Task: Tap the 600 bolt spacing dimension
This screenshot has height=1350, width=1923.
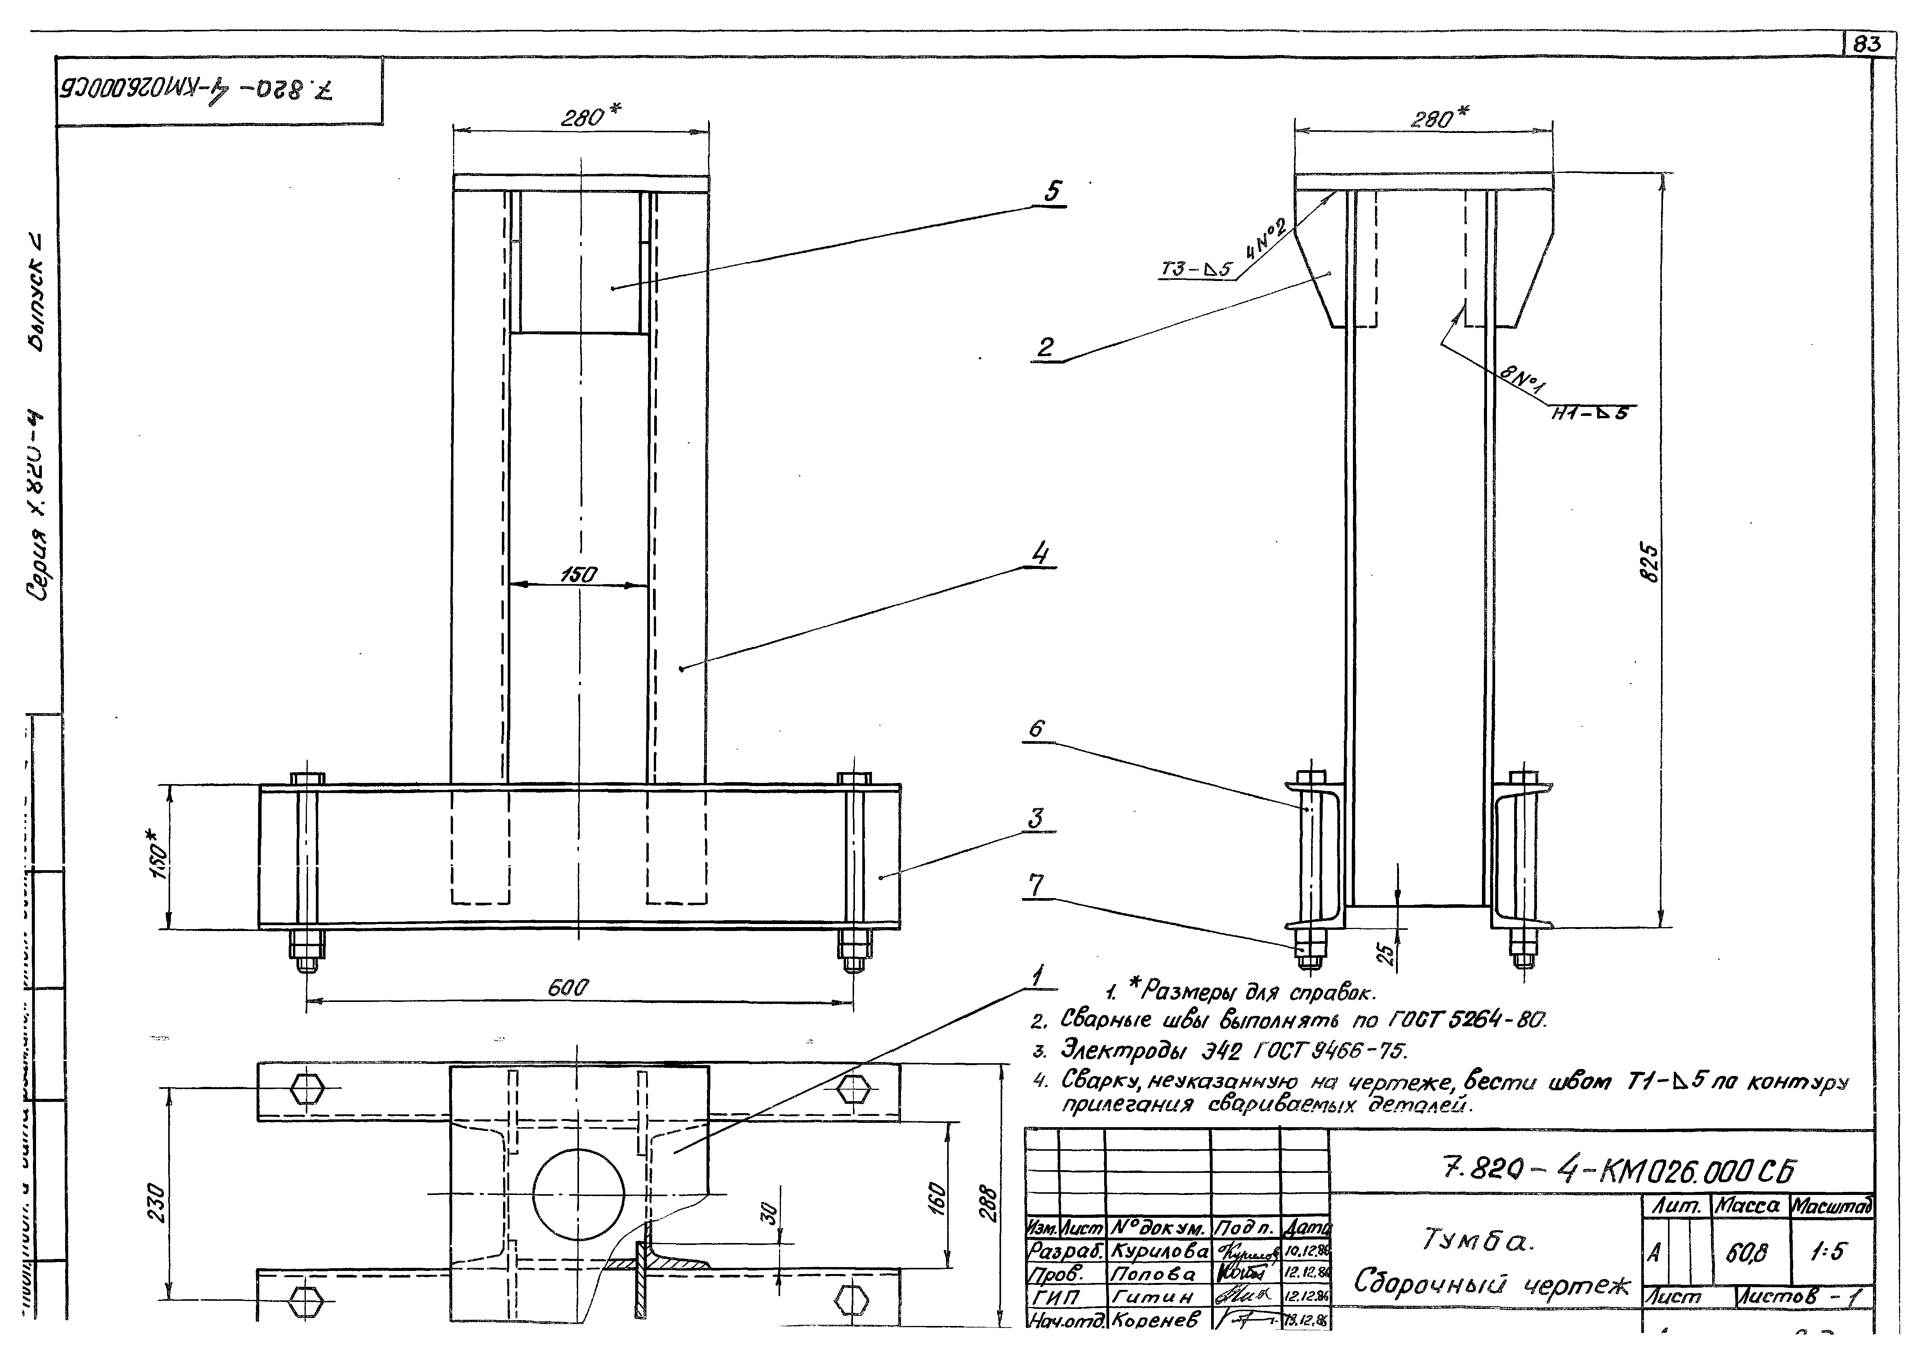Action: pos(568,988)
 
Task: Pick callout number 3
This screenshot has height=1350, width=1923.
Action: pos(1036,818)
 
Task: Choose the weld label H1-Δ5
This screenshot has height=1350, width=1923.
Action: pos(1589,412)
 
